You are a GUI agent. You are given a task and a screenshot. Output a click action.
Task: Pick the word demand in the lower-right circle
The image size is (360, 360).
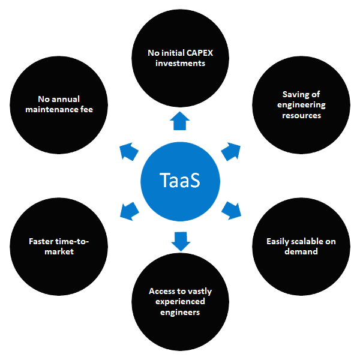(301, 252)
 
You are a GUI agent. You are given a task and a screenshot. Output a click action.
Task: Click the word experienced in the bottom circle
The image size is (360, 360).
(179, 301)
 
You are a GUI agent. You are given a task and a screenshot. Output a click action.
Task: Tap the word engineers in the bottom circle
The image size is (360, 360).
(179, 312)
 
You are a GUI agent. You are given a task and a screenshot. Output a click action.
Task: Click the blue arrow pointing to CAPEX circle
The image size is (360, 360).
(179, 122)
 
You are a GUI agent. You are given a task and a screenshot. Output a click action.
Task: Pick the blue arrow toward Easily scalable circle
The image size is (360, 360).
(232, 211)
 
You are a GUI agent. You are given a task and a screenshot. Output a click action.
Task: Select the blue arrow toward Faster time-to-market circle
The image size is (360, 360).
(128, 211)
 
